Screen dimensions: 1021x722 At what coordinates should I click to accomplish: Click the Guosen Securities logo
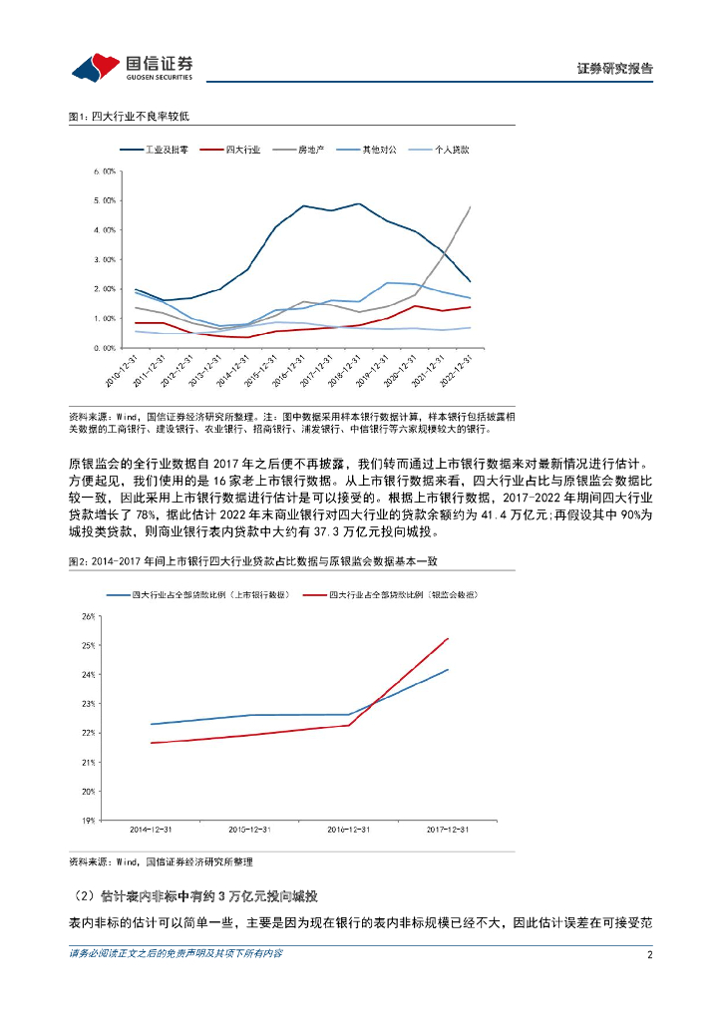(132, 66)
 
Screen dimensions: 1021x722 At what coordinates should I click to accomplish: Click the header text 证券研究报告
(615, 69)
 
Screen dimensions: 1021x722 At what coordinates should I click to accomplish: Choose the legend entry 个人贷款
(451, 150)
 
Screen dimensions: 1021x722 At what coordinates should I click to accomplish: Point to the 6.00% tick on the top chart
(103, 170)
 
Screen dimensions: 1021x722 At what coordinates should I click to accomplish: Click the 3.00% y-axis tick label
(103, 259)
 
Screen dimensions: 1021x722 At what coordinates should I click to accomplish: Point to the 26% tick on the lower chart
(88, 616)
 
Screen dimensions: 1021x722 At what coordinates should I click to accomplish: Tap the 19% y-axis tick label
(88, 821)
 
